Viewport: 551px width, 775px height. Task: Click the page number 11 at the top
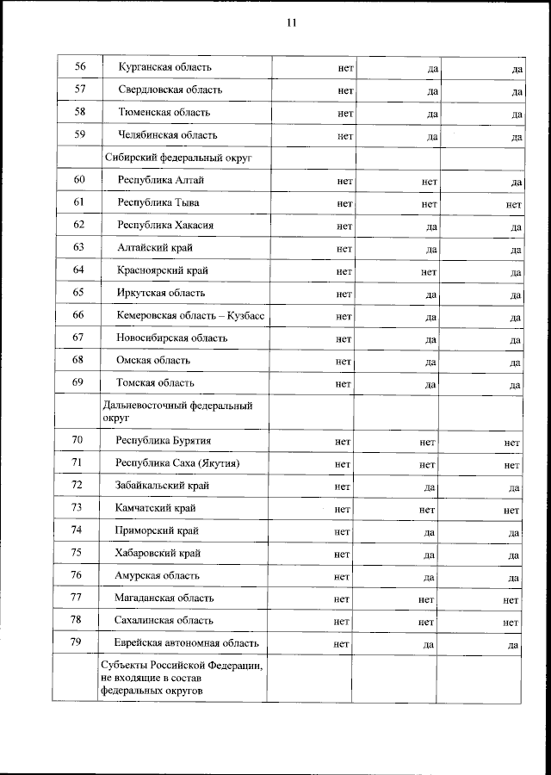(292, 23)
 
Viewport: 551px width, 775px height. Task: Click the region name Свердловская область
(170, 90)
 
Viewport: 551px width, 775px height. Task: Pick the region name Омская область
(153, 360)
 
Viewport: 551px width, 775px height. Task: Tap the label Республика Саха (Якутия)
(177, 463)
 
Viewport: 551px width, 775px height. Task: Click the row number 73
(77, 508)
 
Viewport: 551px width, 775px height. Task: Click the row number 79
(77, 642)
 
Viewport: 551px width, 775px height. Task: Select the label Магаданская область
(164, 598)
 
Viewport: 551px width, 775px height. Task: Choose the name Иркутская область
(160, 293)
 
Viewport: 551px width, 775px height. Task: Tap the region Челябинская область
(168, 135)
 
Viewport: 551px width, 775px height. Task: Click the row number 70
(77, 441)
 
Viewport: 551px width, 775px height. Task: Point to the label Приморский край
(157, 530)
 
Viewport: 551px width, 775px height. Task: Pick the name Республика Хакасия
(165, 226)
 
